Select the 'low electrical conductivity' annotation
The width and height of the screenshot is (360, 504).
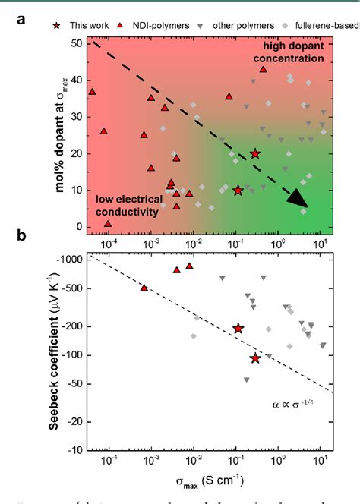pos(127,206)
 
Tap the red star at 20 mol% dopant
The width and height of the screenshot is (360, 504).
pos(255,153)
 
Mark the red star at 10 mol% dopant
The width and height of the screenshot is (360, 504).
pos(238,191)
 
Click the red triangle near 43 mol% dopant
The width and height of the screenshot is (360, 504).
pos(264,69)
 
